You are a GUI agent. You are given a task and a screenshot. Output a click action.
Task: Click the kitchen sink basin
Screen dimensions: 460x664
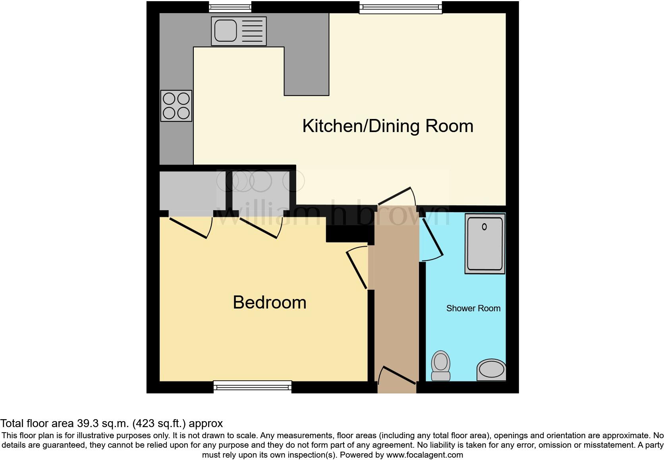click(225, 31)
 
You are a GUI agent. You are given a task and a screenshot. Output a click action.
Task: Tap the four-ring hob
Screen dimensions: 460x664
click(176, 106)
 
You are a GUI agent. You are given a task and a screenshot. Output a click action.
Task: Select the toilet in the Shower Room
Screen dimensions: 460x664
click(440, 365)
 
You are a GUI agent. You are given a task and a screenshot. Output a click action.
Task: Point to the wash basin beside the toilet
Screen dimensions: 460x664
click(491, 370)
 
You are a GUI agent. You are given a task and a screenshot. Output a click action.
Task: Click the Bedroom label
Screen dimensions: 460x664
click(269, 303)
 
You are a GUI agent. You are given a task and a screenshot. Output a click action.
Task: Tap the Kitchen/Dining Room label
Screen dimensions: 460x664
click(388, 126)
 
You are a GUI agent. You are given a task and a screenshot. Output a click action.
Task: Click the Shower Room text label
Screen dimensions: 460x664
click(473, 309)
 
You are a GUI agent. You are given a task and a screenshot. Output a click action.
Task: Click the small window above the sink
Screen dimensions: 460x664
click(230, 7)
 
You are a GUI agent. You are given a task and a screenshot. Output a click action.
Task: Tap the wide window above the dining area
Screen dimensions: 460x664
click(400, 7)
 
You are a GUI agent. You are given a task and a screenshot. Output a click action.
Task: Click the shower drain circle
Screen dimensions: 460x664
click(484, 227)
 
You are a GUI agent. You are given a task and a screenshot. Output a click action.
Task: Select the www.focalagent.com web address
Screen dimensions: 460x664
click(424, 455)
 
